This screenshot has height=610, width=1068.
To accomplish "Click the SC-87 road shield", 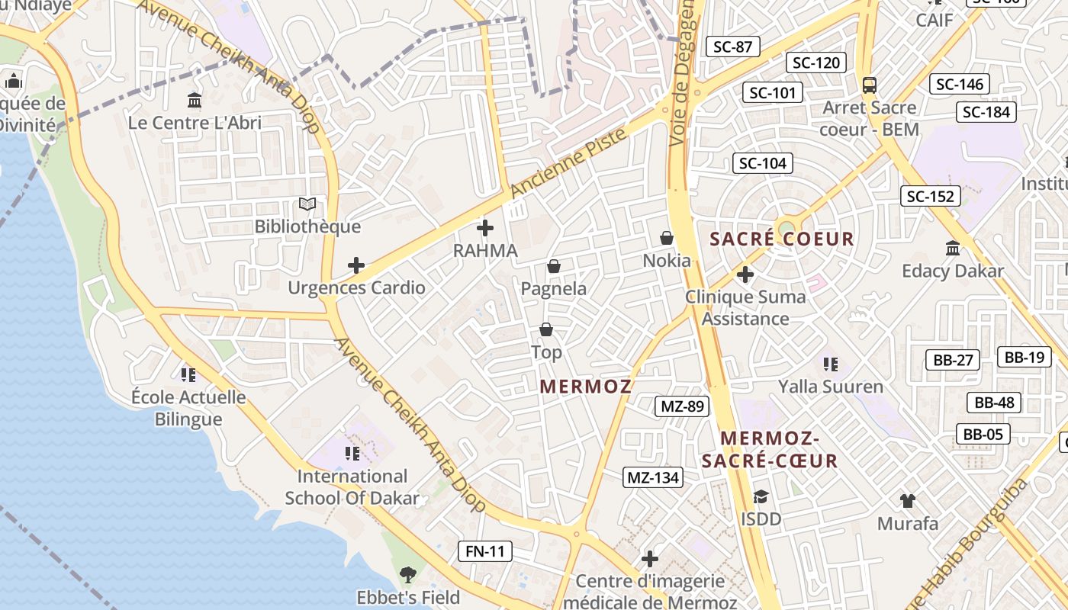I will pos(732,47).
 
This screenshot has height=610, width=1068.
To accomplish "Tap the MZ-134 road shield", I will pos(652,477).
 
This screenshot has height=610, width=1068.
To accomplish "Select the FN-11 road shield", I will pos(485,551).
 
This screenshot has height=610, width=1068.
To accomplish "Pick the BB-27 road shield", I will pos(953,360).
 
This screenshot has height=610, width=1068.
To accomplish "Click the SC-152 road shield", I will pos(930,196).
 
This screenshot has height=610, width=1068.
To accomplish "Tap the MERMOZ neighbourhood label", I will pos(586,387).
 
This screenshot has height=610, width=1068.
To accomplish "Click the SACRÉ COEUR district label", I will pos(782,239).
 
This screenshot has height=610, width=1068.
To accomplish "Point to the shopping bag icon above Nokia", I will pos(667,239).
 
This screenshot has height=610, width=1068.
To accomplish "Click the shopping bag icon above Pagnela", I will pos(554,266).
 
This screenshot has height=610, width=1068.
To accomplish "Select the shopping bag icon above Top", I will pos(546,329).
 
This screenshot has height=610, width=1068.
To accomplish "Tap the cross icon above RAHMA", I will pos(485,228).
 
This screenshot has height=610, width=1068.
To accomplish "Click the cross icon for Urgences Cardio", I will pos(356,265).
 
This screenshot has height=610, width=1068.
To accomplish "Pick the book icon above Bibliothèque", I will pos(307,204).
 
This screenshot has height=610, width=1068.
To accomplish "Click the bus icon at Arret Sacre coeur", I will pos(869,85).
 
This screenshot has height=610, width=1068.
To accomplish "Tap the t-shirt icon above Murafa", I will pos(907,501).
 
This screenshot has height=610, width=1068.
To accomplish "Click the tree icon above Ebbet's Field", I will pos(408,574).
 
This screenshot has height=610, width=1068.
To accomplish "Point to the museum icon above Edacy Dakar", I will pos(953,248).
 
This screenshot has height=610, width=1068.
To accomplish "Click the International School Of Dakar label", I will pos(352,487).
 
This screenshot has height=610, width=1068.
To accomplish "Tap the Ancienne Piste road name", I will pos(569,162).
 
